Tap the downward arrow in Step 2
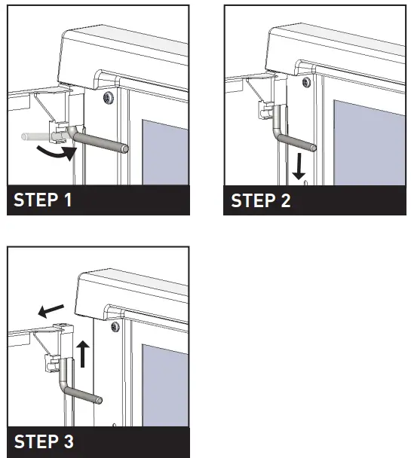[299, 166]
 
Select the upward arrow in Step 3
[83, 354]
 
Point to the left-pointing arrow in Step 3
[51, 311]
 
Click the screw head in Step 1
[109, 97]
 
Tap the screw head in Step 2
[306, 82]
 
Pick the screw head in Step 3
[115, 326]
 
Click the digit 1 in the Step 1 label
[68, 200]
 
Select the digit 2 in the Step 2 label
[286, 200]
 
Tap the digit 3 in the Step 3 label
[69, 441]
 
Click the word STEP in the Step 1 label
[36, 200]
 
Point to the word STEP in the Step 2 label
[253, 200]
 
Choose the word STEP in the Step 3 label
[36, 441]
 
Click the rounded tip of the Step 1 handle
[125, 148]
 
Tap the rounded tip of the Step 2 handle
[313, 148]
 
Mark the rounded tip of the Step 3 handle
[99, 400]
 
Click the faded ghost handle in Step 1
[36, 136]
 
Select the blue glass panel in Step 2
[370, 142]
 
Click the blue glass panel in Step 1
[165, 152]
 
